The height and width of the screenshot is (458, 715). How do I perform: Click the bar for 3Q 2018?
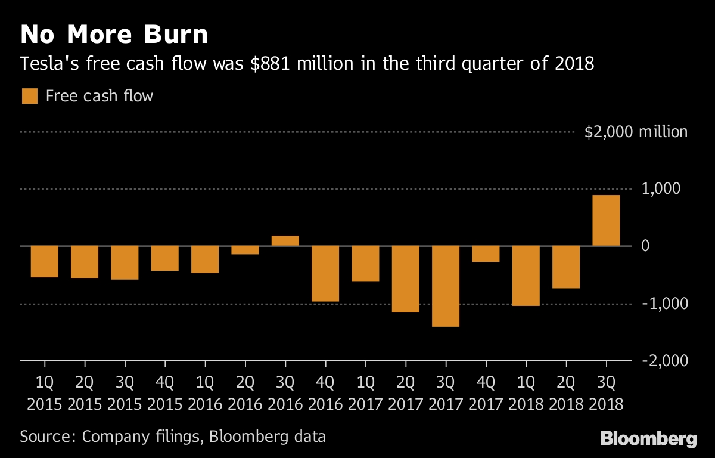[x=606, y=221]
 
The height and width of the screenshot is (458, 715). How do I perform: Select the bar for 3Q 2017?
[x=445, y=286]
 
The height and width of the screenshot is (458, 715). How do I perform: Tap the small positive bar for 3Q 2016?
[x=285, y=240]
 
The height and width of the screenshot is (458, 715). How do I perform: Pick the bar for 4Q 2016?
[x=325, y=274]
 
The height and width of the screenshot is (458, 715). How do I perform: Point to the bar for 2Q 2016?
[x=245, y=250]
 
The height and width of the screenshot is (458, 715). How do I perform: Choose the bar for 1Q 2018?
[x=526, y=276]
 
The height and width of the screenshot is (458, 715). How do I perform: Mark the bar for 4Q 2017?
[x=486, y=254]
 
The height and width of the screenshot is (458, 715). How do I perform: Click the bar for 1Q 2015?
[x=45, y=262]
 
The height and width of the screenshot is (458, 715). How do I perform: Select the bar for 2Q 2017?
[x=405, y=279]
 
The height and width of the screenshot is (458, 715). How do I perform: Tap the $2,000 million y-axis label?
[x=636, y=132]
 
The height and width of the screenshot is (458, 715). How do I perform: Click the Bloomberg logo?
[x=648, y=440]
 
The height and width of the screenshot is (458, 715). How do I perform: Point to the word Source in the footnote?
[x=45, y=436]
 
